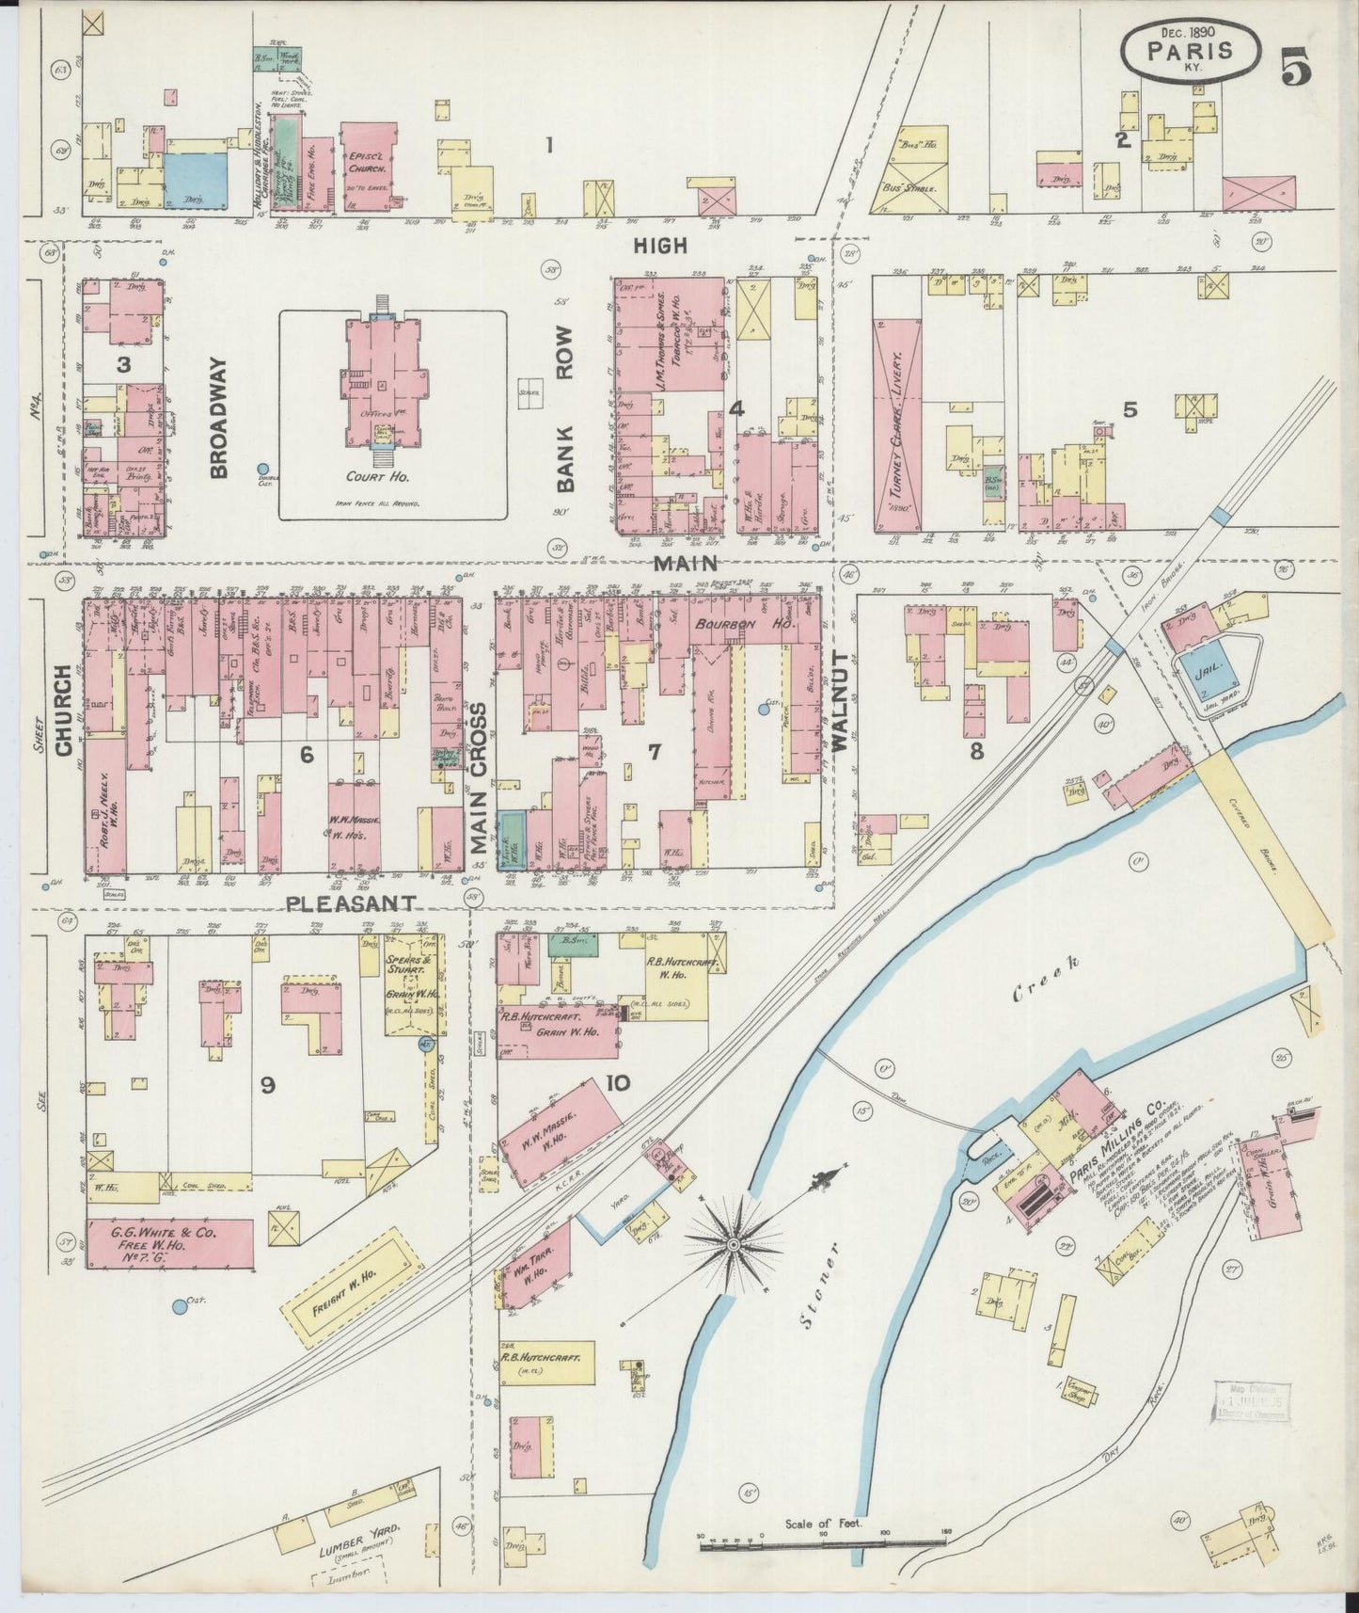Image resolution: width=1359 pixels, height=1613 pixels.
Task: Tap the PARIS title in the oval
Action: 1191,49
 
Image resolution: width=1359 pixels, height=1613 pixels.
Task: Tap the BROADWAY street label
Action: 220,418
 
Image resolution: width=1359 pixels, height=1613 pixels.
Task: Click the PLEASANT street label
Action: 351,902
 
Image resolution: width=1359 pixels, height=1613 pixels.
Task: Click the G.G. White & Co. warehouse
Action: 169,1244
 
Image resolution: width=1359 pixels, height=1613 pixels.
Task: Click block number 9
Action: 268,1085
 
